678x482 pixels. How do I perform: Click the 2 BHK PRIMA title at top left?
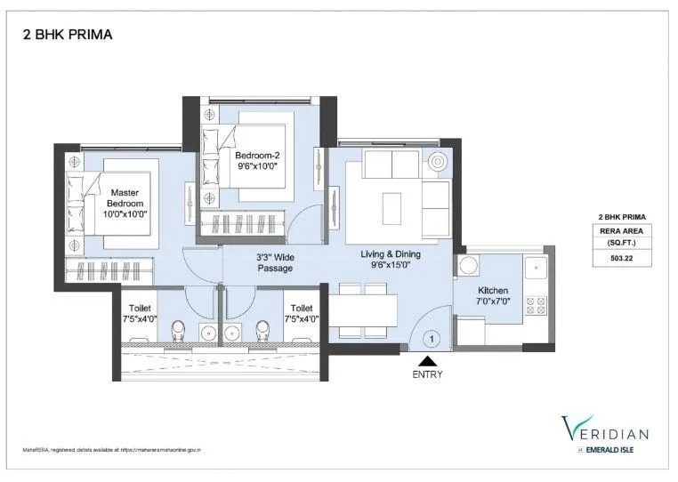pos(67,36)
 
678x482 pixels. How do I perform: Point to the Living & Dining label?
pos(391,254)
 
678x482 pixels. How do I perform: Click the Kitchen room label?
pos(492,291)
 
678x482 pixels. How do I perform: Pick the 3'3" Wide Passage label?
pos(276,262)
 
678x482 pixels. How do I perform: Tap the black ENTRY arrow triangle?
pos(427,361)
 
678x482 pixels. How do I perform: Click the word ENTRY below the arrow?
pos(427,374)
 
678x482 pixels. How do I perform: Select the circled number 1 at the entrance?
pos(432,338)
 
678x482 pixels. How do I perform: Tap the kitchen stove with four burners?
pos(536,305)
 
